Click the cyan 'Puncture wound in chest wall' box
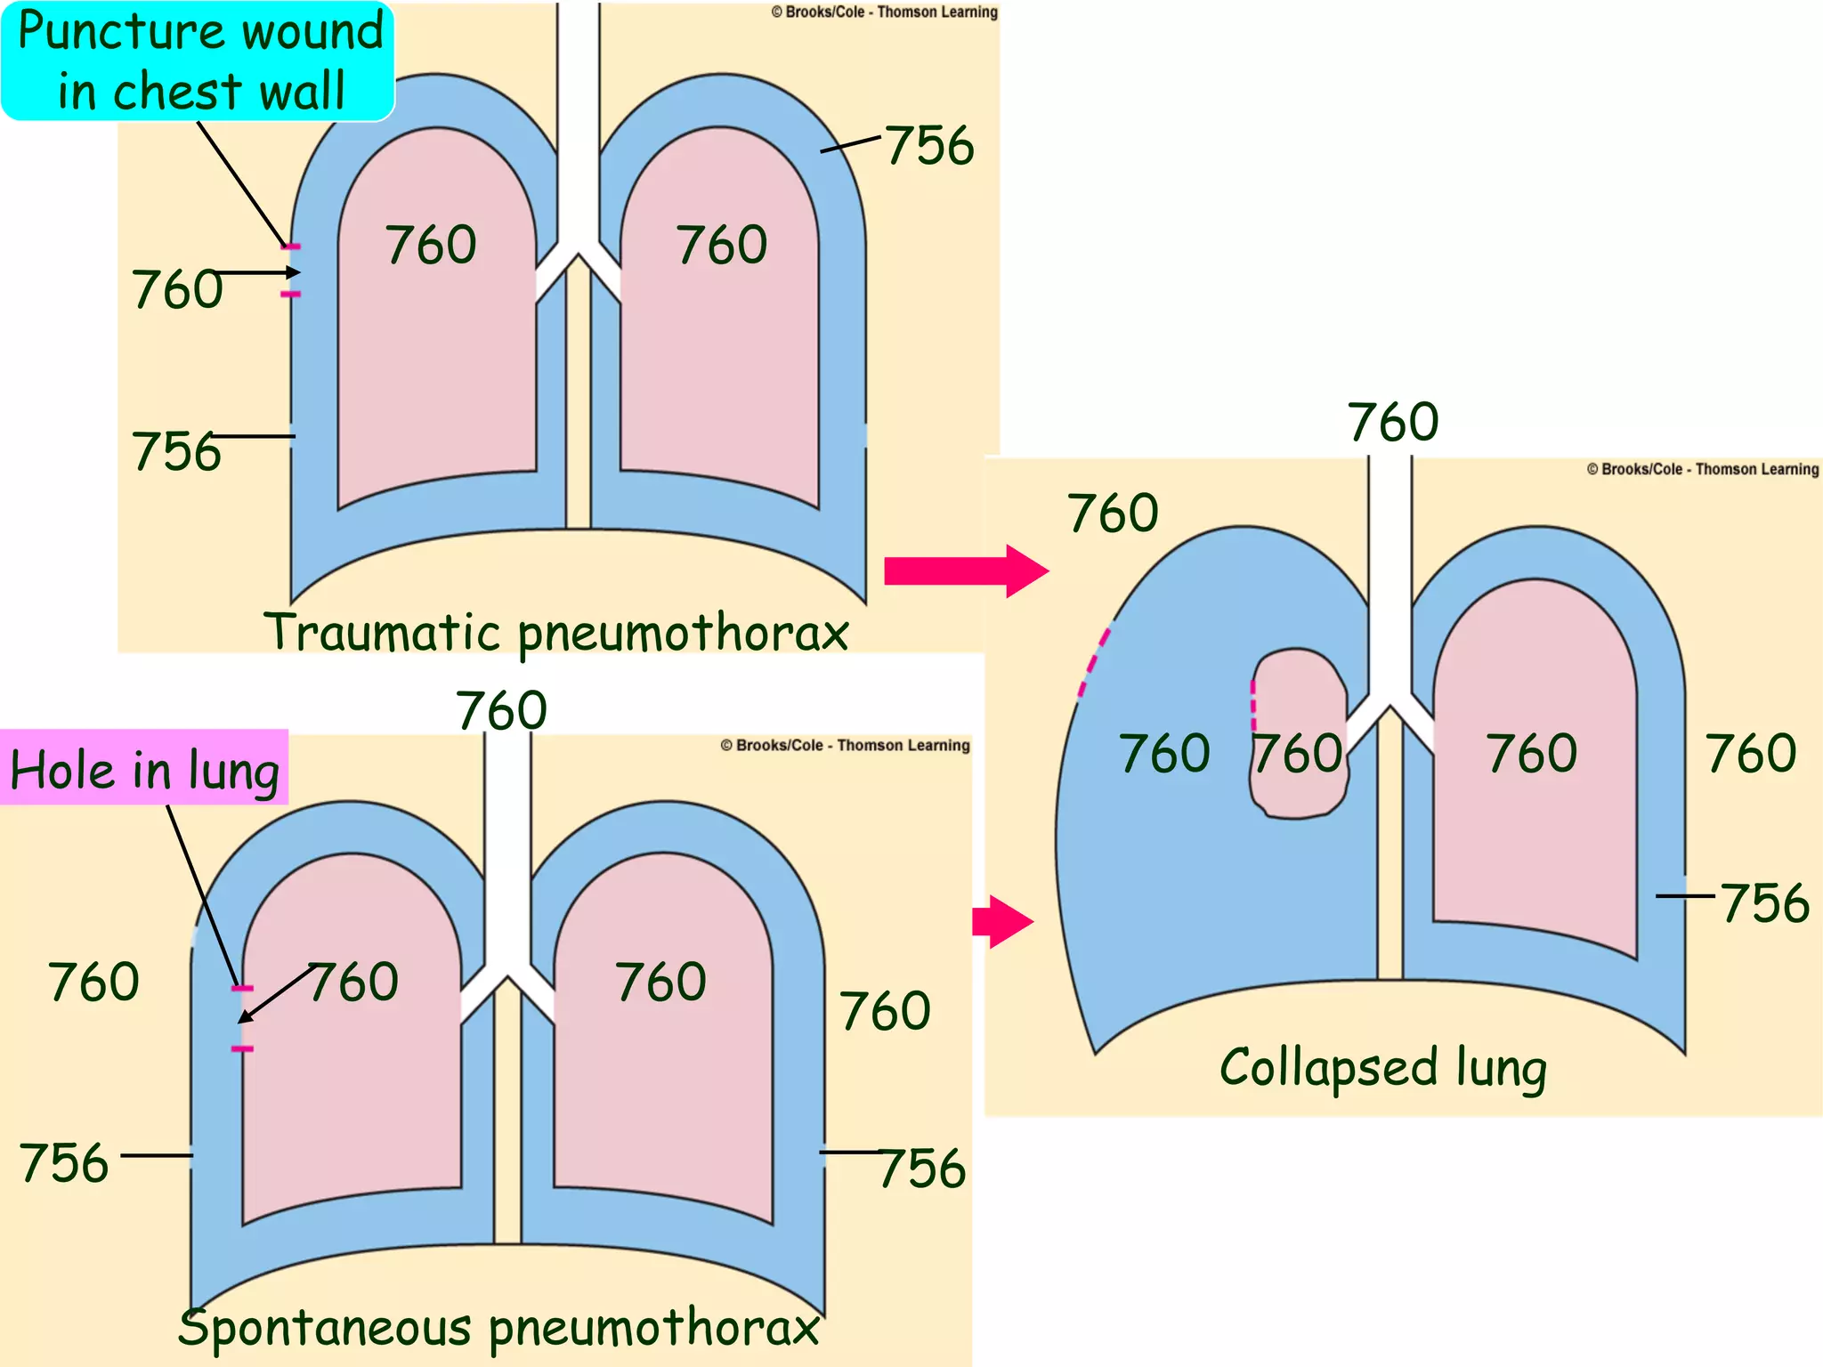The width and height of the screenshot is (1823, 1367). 198,61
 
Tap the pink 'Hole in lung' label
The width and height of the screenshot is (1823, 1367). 144,768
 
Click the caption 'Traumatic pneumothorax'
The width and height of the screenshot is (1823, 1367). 556,633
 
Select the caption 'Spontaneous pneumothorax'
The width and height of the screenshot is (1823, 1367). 498,1327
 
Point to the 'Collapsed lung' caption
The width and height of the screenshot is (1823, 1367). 1382,1067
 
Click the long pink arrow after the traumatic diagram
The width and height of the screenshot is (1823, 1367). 965,570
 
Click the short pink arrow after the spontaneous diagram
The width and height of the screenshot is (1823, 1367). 1002,921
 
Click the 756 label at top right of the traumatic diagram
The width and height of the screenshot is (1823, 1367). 929,145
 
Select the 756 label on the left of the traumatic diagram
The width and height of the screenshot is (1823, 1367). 176,451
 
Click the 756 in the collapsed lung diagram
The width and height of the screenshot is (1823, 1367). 1764,903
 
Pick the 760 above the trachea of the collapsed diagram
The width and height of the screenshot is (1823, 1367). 1392,422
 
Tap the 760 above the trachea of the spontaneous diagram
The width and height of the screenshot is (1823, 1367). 501,710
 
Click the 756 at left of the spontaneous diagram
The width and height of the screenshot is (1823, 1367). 64,1162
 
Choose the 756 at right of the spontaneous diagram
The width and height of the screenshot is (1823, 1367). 922,1168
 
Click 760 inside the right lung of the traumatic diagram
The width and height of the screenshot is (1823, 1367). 721,245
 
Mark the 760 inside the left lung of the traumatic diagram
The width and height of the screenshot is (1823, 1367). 431,245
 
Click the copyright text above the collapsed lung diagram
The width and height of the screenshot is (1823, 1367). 1702,469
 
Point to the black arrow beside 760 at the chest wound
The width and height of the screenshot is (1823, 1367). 256,272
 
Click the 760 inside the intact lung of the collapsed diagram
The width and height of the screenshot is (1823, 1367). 1531,753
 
